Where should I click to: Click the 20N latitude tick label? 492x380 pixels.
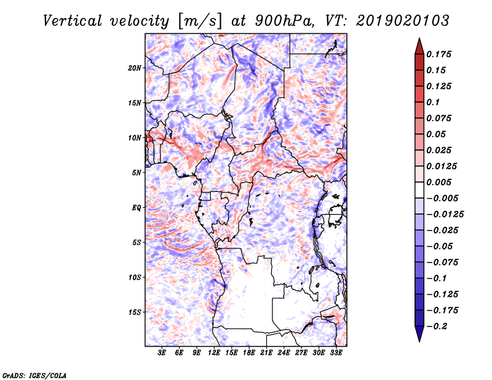point(135,68)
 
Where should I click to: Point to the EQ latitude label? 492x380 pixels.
point(137,208)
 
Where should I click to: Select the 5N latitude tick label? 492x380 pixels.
point(137,173)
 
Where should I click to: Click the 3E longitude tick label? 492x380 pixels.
point(162,353)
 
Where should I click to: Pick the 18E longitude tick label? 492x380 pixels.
point(249,353)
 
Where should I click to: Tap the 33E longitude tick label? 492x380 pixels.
point(336,353)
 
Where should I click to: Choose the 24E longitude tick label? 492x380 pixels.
point(284,353)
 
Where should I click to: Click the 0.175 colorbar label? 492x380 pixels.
point(438,55)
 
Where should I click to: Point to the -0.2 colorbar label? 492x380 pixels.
point(437,327)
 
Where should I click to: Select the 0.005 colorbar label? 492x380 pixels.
point(438,182)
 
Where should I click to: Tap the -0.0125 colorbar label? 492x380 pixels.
point(445,215)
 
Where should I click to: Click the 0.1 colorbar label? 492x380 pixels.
point(433,102)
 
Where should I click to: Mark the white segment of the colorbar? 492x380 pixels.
point(419,190)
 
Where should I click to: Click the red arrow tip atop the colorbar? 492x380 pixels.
point(419,39)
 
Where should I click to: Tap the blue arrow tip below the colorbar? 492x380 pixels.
point(419,341)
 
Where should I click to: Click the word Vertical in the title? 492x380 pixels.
point(73,21)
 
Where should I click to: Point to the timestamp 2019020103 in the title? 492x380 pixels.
point(403,21)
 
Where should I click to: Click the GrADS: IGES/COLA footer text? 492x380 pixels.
point(34,375)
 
